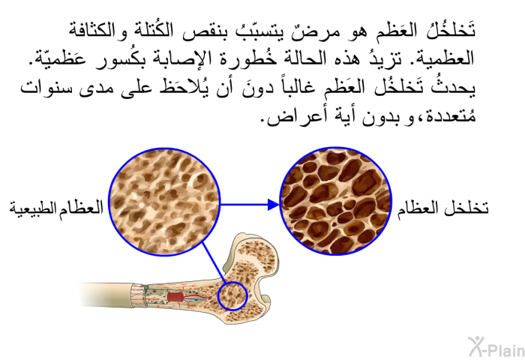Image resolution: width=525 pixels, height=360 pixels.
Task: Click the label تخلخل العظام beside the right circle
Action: [443, 208]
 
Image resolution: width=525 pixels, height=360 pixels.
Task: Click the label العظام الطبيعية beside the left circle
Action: [56, 208]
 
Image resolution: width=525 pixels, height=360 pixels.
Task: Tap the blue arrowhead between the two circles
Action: [273, 204]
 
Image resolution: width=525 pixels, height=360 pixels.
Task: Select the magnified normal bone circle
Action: [164, 202]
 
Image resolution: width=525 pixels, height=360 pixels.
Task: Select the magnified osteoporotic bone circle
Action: [335, 202]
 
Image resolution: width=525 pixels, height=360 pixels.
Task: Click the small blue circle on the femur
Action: [232, 296]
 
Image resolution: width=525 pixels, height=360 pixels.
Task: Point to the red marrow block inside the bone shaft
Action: [175, 297]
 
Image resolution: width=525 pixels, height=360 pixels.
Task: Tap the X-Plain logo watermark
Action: [496, 347]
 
